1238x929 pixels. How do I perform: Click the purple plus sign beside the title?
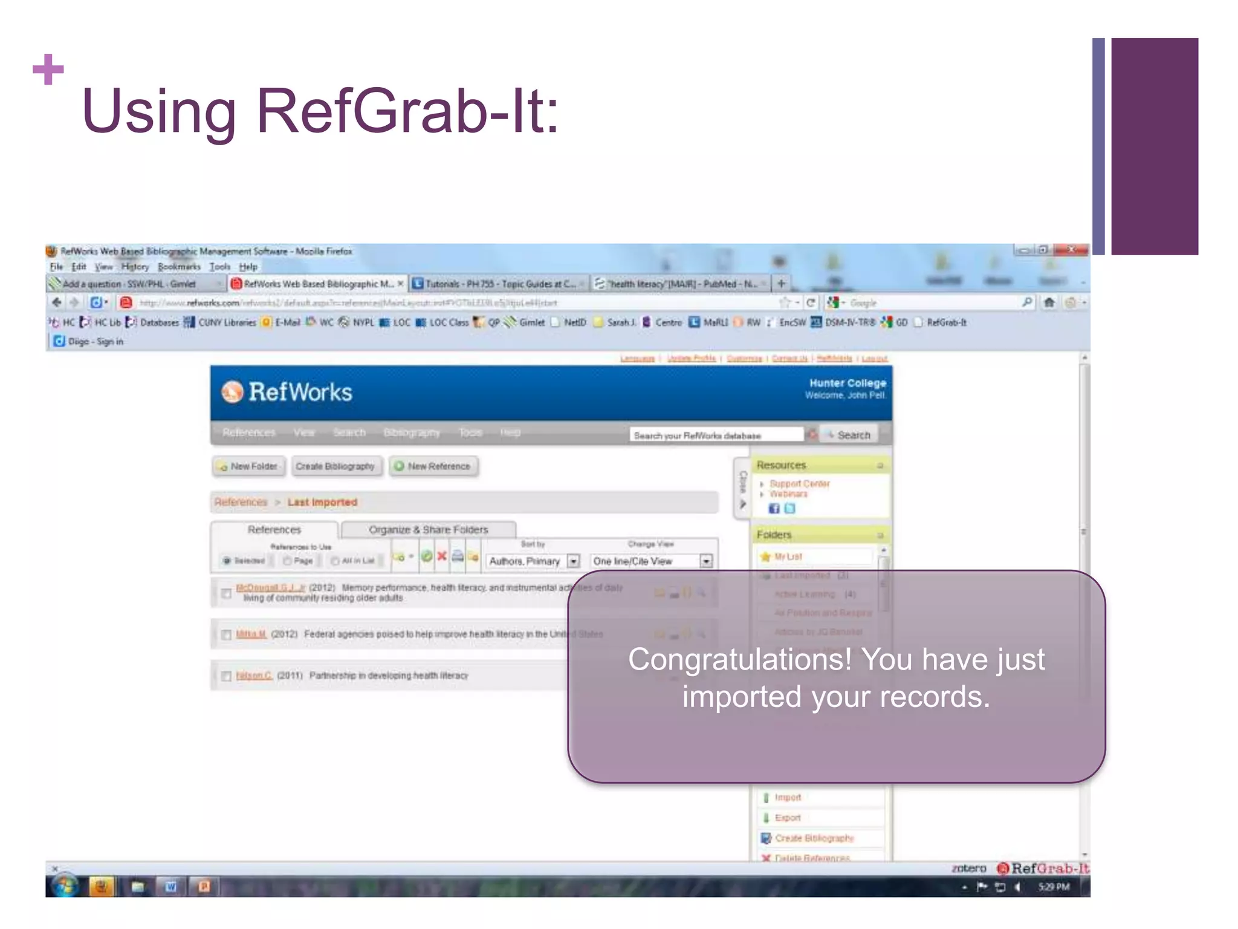click(48, 69)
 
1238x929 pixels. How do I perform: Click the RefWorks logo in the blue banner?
click(287, 392)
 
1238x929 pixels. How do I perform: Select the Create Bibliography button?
click(335, 466)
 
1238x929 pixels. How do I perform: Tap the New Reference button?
click(433, 466)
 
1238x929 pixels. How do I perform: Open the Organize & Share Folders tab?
click(428, 530)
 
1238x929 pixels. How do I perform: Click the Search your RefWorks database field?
click(716, 435)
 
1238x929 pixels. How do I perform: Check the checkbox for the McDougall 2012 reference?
click(226, 593)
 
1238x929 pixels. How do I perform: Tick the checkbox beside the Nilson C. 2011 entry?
click(226, 676)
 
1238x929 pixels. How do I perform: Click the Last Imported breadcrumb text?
click(322, 502)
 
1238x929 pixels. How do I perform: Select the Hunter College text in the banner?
click(847, 383)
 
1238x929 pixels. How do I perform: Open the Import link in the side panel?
click(788, 798)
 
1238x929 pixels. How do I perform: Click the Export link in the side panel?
click(788, 818)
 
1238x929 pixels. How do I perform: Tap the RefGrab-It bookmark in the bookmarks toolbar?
click(946, 322)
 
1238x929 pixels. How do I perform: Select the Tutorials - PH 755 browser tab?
click(498, 284)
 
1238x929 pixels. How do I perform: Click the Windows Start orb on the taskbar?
click(65, 887)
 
